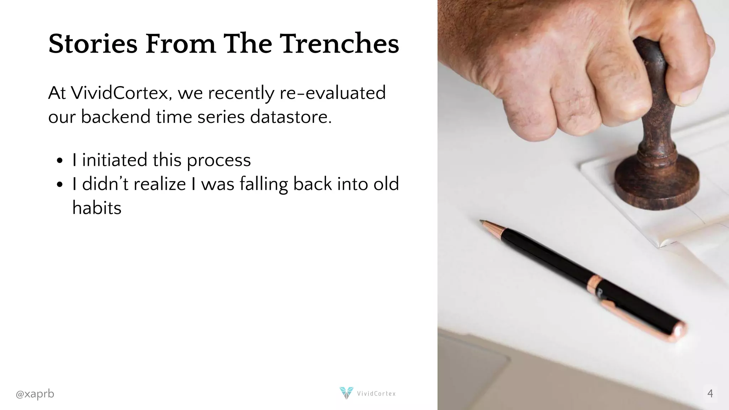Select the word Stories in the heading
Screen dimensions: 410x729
pyautogui.click(x=93, y=44)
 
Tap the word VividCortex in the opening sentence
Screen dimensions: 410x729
pyautogui.click(x=121, y=93)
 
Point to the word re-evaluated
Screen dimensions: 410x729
pyautogui.click(x=332, y=93)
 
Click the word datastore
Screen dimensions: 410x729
pyautogui.click(x=290, y=117)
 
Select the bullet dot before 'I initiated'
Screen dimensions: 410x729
pyautogui.click(x=60, y=161)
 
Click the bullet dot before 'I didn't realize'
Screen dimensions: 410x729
pyautogui.click(x=60, y=185)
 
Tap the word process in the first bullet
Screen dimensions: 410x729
pyautogui.click(x=219, y=160)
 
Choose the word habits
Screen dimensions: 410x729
pyautogui.click(x=97, y=208)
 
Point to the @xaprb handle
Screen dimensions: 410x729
pyautogui.click(x=35, y=394)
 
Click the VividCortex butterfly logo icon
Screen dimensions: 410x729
pyautogui.click(x=346, y=393)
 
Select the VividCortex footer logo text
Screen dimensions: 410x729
pyautogui.click(x=376, y=394)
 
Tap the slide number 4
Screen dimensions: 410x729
pyautogui.click(x=710, y=393)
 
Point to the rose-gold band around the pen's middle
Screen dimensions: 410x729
pyautogui.click(x=594, y=284)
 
